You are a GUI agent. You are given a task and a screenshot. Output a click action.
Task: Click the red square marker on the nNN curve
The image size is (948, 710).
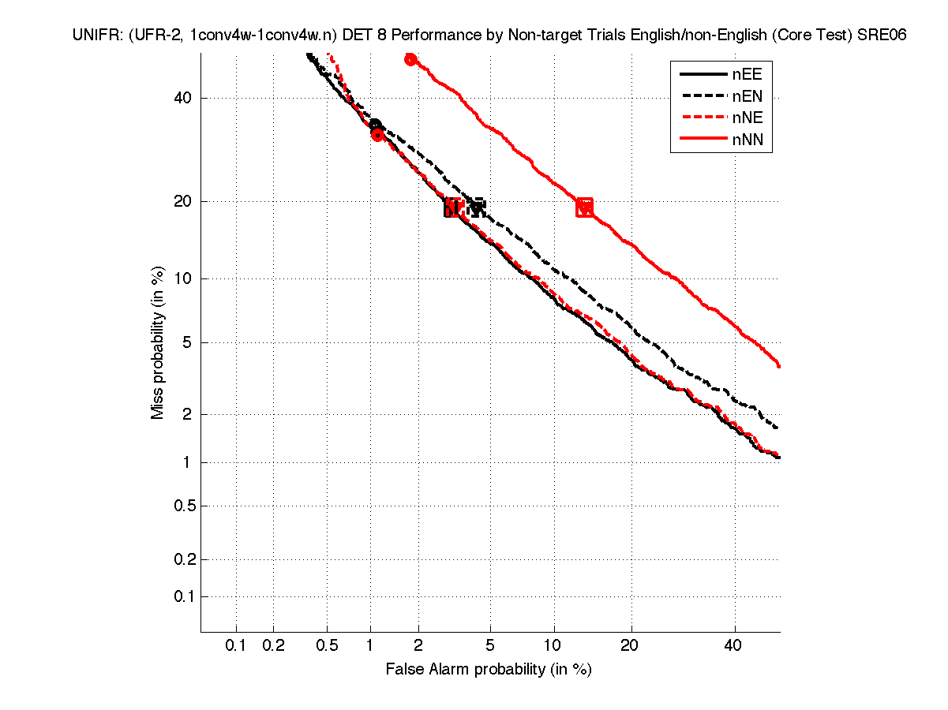pyautogui.click(x=585, y=207)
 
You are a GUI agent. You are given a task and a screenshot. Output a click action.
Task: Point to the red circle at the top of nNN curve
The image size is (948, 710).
pyautogui.click(x=410, y=59)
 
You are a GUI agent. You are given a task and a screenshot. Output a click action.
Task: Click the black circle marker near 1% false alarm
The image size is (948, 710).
pyautogui.click(x=376, y=125)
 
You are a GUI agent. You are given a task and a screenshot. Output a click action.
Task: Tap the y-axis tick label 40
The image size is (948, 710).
pyautogui.click(x=183, y=99)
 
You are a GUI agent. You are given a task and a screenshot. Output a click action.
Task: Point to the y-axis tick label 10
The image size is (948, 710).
pyautogui.click(x=183, y=278)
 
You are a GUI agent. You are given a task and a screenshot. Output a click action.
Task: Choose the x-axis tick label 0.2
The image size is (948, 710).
pyautogui.click(x=273, y=645)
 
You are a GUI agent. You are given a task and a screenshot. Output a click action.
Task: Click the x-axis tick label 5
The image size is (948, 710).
pyautogui.click(x=490, y=645)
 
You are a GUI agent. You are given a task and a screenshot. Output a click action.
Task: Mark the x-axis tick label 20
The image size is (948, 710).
pyautogui.click(x=629, y=645)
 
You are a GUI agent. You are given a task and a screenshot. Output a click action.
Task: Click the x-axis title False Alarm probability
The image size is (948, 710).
pyautogui.click(x=488, y=670)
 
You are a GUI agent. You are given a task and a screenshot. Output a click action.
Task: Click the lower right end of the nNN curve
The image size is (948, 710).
pyautogui.click(x=779, y=365)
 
